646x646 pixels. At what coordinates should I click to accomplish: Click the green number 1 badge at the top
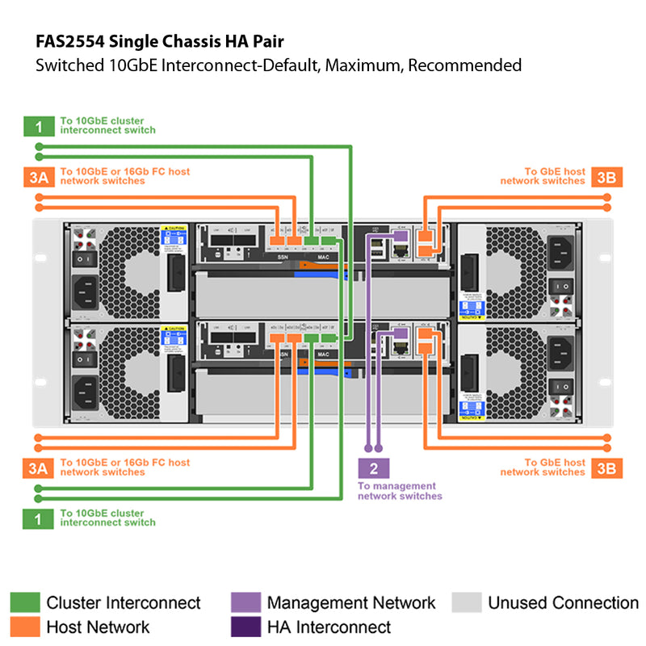pos(38,126)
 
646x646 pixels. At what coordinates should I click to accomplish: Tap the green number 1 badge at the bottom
pos(38,518)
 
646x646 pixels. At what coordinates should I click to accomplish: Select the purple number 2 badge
pos(373,468)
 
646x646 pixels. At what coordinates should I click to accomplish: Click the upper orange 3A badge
pos(38,177)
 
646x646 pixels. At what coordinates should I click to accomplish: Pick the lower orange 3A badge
pos(38,467)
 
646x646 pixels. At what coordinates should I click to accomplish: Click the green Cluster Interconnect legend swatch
pos(24,602)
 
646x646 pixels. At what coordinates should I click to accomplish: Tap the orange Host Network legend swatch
pos(24,627)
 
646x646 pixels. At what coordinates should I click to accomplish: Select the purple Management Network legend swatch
pos(245,602)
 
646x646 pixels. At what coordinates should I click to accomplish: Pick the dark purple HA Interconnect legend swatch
pos(245,627)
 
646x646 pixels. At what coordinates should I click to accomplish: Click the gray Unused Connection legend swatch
pos(467,602)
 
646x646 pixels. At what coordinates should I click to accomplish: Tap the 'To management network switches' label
pos(400,491)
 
